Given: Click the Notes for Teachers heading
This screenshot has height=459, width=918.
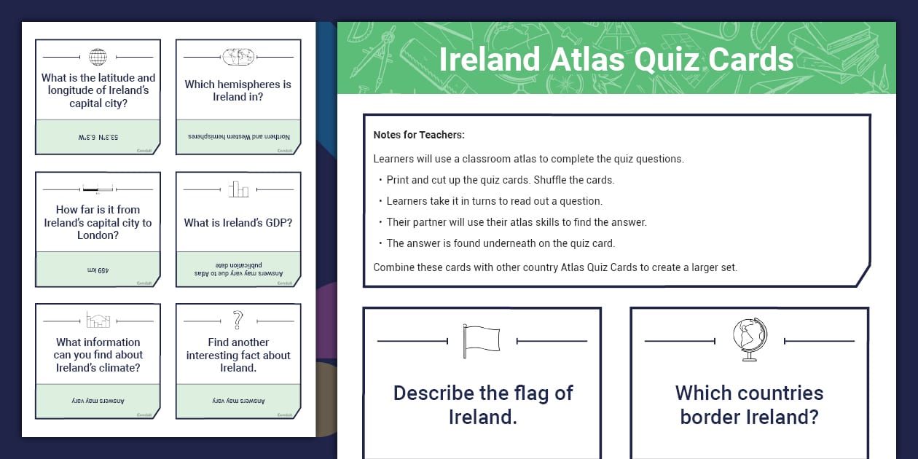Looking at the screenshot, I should [x=419, y=135].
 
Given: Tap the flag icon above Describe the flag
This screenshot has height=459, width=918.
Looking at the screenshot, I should [x=482, y=340].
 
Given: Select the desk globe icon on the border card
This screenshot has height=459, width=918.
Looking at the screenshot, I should [x=750, y=340].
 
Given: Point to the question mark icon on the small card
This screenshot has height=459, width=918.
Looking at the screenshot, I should [x=238, y=320].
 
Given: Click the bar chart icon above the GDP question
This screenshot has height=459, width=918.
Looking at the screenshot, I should [x=238, y=189].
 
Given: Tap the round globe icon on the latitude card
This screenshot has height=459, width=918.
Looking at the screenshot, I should [x=98, y=57].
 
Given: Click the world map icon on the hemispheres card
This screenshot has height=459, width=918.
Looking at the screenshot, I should [x=238, y=57].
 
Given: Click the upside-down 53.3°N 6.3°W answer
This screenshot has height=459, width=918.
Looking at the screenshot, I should [x=98, y=137].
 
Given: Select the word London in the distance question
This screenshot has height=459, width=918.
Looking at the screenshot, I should [x=98, y=235].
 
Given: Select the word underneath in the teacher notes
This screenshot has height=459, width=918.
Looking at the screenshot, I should [x=521, y=243].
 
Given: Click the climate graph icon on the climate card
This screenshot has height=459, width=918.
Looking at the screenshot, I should [x=98, y=320].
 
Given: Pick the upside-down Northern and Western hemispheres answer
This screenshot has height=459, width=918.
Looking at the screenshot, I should [x=238, y=137].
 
